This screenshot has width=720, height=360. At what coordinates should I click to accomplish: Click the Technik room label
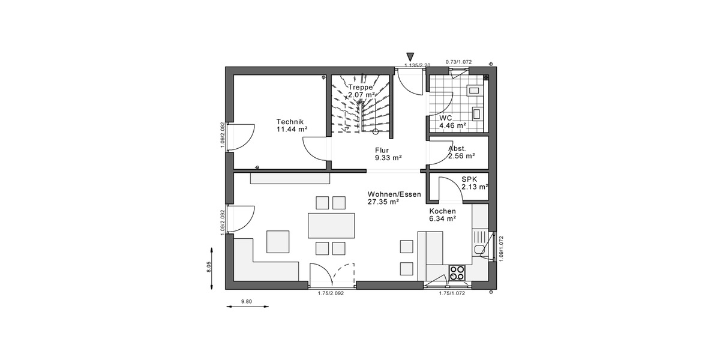point(291,121)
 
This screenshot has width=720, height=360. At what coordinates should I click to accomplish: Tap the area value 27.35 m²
point(384,202)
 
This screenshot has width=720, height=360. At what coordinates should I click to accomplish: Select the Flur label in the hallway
point(382,151)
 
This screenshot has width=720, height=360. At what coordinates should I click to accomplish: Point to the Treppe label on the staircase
point(361,87)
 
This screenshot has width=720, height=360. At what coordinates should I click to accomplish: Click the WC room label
point(446,118)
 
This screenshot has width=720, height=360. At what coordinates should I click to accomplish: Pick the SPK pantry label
point(469,179)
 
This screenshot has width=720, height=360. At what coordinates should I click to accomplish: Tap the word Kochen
point(442,211)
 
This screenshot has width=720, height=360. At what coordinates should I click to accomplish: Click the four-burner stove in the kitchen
point(457,273)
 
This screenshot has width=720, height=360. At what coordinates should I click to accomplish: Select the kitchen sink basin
point(479,250)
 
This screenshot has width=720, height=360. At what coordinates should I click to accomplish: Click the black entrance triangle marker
point(410,57)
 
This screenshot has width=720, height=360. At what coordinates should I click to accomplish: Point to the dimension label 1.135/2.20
point(418,65)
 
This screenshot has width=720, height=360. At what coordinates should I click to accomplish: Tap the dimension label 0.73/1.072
point(459,61)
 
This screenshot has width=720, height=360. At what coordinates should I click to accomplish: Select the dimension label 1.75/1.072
point(452,293)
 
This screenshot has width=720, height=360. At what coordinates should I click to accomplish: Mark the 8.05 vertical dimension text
point(209,268)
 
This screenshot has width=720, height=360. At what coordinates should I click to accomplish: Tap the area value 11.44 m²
point(292,129)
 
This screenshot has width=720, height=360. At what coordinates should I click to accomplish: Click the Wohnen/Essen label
point(394,194)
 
